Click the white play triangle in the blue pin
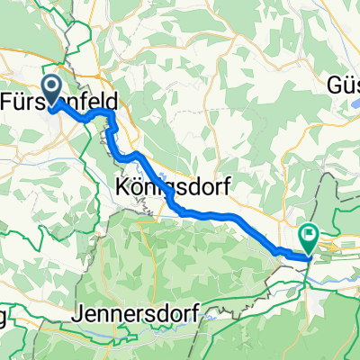tap(51, 87)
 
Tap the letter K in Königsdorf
tap(123, 187)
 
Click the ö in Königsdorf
tap(137, 187)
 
